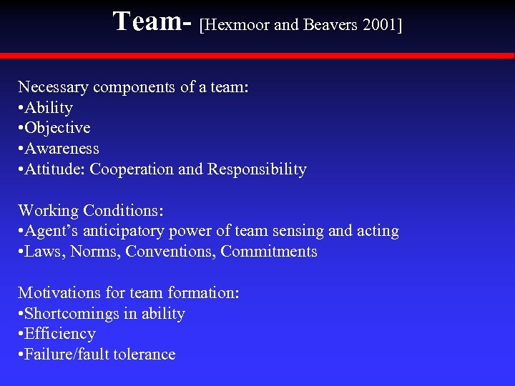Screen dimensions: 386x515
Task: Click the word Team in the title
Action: [147, 21]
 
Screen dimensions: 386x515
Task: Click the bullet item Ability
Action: [49, 108]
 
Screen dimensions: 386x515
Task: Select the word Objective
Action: [58, 128]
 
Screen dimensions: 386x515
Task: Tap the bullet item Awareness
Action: [62, 149]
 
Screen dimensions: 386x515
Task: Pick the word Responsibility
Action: [257, 169]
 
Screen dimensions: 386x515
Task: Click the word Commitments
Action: [269, 252]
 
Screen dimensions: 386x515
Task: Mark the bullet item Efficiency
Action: [60, 334]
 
